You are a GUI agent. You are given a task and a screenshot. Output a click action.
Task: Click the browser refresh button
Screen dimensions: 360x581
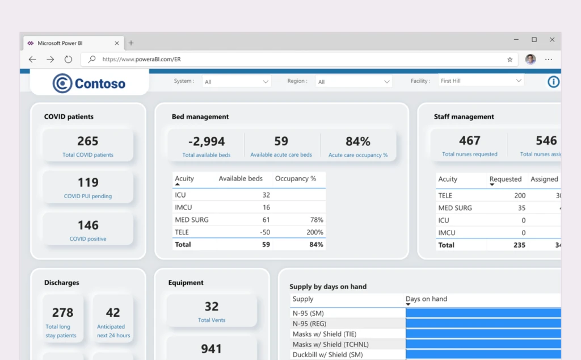pyautogui.click(x=68, y=59)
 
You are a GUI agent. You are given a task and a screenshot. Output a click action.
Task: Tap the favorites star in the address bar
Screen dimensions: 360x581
pyautogui.click(x=510, y=59)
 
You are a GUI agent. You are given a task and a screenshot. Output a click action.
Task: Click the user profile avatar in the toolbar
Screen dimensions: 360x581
pyautogui.click(x=531, y=59)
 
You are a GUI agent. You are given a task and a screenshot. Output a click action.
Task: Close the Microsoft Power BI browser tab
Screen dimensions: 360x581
pyautogui.click(x=117, y=43)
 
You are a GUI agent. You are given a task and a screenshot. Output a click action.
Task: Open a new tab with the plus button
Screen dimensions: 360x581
pyautogui.click(x=131, y=43)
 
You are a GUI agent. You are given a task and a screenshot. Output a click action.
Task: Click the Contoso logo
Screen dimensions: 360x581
pyautogui.click(x=89, y=83)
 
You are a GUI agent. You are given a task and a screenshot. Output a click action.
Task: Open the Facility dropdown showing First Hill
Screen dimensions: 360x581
pyautogui.click(x=481, y=81)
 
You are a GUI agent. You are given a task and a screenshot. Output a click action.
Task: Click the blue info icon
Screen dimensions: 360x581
pyautogui.click(x=553, y=82)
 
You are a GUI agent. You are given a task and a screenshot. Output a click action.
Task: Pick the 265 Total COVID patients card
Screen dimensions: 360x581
pyautogui.click(x=88, y=145)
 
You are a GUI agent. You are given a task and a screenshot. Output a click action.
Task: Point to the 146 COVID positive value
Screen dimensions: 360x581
pyautogui.click(x=88, y=225)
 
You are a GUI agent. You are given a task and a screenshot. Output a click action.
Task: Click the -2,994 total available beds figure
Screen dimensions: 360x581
pyautogui.click(x=207, y=141)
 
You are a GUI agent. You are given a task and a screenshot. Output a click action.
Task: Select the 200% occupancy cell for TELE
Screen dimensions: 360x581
pyautogui.click(x=315, y=232)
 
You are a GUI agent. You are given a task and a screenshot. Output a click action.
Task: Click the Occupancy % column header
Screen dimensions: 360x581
pyautogui.click(x=296, y=179)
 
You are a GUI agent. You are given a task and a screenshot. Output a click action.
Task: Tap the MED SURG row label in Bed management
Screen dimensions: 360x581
pyautogui.click(x=192, y=220)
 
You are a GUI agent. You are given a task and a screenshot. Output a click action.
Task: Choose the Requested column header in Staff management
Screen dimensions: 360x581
pyautogui.click(x=505, y=179)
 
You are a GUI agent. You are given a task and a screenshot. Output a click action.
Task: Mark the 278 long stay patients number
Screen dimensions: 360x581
pyautogui.click(x=62, y=313)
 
